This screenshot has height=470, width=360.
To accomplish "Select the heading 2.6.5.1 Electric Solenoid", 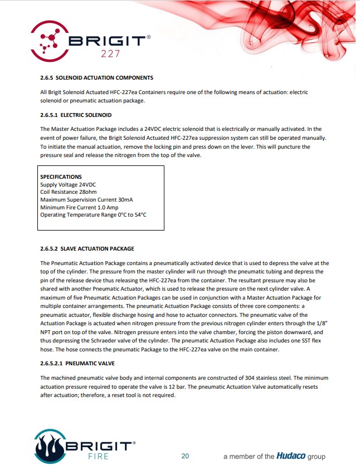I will (76, 115).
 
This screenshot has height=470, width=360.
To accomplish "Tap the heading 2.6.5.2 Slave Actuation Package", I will (87, 248).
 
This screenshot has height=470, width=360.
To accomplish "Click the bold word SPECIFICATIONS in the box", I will (61, 177).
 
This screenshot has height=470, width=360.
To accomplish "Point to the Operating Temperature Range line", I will (93, 215).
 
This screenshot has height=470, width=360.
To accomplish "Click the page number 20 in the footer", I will (185, 456).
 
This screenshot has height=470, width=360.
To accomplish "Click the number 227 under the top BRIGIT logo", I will (109, 54).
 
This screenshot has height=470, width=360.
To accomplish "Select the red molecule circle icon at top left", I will (50, 40).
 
